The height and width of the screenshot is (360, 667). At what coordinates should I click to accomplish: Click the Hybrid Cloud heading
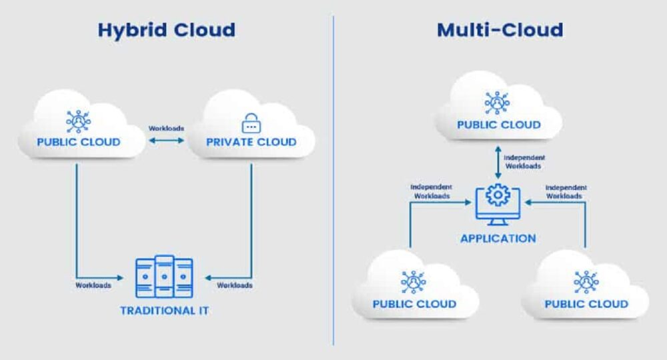tap(166, 31)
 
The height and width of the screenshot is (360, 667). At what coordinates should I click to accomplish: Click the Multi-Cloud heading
tap(500, 30)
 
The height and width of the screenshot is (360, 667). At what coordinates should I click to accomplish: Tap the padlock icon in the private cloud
tap(251, 123)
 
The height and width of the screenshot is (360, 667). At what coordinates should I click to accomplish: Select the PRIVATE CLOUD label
tap(251, 142)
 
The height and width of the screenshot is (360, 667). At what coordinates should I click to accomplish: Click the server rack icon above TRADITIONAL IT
tap(164, 277)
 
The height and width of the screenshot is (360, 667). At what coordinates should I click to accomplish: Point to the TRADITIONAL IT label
tap(164, 311)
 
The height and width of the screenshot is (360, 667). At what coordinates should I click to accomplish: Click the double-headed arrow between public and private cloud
tap(166, 140)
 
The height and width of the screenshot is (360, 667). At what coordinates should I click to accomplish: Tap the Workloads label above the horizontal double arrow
tap(166, 129)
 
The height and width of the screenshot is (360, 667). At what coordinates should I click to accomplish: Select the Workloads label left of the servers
tap(93, 285)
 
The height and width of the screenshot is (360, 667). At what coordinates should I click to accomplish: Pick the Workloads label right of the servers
tap(235, 285)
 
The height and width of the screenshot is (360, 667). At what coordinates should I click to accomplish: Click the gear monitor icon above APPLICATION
tap(498, 205)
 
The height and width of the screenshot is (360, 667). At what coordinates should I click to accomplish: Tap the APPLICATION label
tap(498, 239)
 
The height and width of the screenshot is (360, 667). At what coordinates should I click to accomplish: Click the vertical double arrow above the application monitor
tap(498, 163)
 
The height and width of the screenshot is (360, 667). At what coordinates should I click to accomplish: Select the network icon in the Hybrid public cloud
tap(78, 121)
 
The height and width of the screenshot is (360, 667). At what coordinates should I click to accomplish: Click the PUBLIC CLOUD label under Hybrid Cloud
tap(79, 142)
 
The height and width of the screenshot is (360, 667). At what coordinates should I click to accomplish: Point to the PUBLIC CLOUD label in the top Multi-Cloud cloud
tap(499, 125)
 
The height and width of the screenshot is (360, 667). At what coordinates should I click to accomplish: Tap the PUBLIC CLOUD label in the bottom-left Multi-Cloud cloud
tap(414, 304)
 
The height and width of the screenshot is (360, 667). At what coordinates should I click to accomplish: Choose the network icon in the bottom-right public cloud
tap(586, 282)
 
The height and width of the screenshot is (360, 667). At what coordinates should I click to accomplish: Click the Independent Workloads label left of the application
tap(432, 191)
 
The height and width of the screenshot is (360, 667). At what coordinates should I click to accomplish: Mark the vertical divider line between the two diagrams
tap(333, 181)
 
